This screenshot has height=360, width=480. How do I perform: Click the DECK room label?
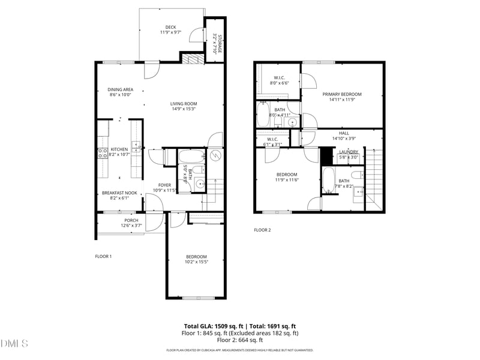171,27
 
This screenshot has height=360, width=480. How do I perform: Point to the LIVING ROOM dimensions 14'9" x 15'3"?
183,109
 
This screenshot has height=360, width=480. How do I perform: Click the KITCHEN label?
119,149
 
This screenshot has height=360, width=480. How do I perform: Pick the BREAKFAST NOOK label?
119,193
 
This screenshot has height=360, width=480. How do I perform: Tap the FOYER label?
164,185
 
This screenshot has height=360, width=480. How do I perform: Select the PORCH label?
131,220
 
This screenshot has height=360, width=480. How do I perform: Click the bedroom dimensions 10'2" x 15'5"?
196,262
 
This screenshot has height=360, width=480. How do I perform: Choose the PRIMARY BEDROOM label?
342,94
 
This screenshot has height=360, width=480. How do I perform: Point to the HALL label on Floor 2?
344,133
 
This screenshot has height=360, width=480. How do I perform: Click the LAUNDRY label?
349,152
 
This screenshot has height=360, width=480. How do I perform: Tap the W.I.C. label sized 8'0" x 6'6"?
279,77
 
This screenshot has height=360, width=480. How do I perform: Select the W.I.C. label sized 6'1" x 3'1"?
273,140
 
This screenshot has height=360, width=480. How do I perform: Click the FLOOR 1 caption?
103,256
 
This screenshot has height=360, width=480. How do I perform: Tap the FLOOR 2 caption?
262,230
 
